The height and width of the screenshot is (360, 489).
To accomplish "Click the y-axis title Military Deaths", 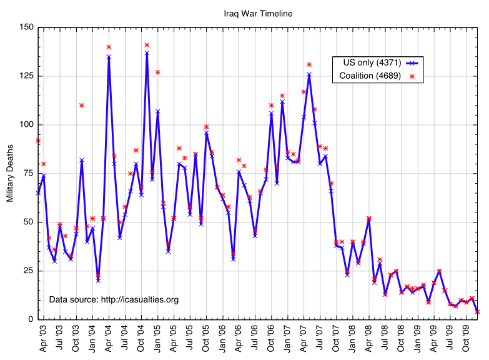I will click(10, 172).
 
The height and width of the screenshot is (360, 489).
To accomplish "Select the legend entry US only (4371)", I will click(372, 62).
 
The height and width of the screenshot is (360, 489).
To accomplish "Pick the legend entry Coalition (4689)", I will click(370, 76).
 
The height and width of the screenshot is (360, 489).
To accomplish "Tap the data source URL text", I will click(114, 299).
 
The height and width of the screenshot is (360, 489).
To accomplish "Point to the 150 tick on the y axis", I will click(27, 27).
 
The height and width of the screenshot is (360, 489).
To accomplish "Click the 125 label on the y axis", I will click(27, 76).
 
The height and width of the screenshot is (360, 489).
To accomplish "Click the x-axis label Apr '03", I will click(43, 337).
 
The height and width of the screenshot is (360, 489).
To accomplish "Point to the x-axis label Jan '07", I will click(287, 337).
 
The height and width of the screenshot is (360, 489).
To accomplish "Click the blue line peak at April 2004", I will click(109, 56).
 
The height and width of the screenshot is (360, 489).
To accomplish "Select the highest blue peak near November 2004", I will click(147, 52).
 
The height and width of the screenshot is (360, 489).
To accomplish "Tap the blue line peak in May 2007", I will click(309, 74).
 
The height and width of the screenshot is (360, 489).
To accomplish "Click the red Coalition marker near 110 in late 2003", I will click(82, 105).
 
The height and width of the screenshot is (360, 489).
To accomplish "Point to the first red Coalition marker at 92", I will click(38, 141).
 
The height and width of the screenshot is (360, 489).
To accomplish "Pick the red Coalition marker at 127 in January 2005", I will click(157, 72).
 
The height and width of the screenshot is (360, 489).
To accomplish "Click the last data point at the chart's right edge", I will click(478, 311).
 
